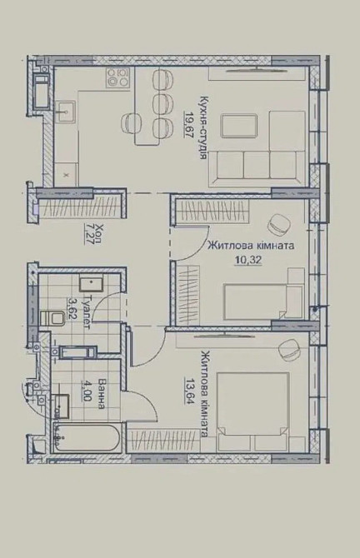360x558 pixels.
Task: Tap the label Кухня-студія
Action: click(x=204, y=127)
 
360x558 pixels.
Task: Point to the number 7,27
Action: click(x=88, y=233)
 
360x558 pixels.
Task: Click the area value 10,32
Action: click(x=248, y=260)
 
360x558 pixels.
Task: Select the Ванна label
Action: click(x=102, y=394)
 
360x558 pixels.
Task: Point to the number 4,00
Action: click(x=86, y=391)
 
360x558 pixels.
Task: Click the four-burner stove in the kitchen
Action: click(x=117, y=77)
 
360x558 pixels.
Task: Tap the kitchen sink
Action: click(x=65, y=112)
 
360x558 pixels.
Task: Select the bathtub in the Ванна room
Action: click(x=87, y=438)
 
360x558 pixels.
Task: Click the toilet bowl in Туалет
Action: click(x=52, y=318)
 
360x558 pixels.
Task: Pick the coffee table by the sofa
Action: click(x=238, y=125)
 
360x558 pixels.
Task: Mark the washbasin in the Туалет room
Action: click(x=91, y=284)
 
